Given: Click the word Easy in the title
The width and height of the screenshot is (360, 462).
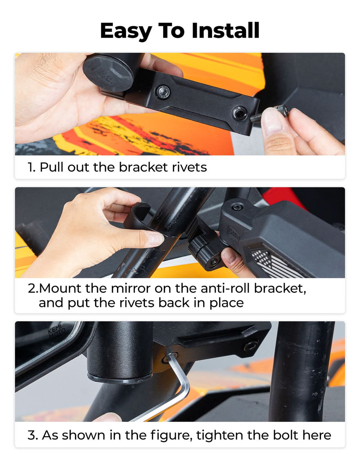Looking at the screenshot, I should (126, 31).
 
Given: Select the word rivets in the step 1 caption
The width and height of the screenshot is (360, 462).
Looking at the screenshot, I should (189, 167).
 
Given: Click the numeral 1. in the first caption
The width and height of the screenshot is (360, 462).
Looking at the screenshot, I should (31, 167).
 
